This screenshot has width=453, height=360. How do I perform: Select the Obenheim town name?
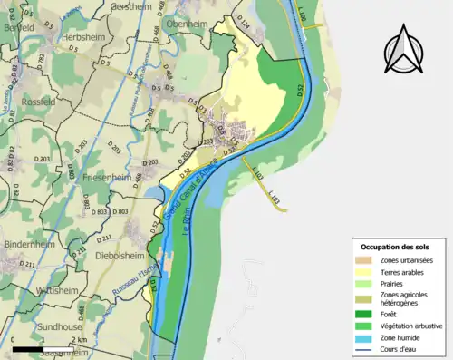tap(188, 23)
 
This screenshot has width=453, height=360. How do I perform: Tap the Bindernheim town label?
tap(30, 245)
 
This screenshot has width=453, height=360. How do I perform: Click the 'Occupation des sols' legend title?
tap(396, 247)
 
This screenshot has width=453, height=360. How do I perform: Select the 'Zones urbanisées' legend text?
tap(409, 260)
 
